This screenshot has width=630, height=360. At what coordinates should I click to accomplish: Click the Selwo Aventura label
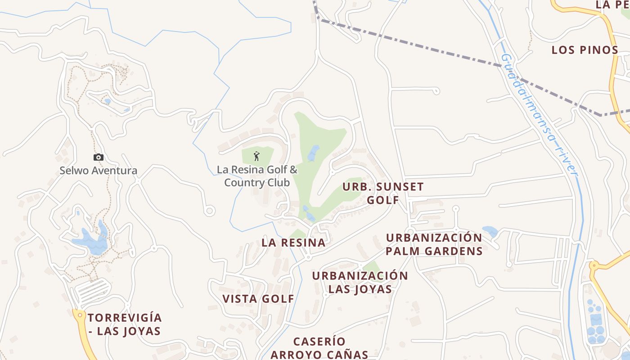point(98,171)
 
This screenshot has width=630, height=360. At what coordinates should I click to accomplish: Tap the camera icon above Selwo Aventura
point(98,157)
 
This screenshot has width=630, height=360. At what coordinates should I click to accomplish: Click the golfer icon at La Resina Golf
point(256,156)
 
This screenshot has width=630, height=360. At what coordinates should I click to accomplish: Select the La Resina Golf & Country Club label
point(257,176)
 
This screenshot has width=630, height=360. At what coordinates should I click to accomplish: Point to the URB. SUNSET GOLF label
point(383,193)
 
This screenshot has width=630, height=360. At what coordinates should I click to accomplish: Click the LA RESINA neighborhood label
point(293,243)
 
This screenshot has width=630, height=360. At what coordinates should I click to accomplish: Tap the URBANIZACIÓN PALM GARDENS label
point(434,244)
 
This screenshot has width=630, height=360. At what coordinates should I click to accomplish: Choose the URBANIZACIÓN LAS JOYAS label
point(360,282)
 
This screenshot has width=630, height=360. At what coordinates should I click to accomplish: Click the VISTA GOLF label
point(258,299)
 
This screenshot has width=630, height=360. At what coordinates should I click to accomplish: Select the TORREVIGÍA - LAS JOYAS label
point(124,324)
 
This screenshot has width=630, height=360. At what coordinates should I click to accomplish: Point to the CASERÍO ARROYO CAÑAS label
point(319,348)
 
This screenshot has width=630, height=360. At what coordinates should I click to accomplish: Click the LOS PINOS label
point(585,50)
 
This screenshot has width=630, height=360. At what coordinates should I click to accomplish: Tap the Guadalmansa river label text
point(539,115)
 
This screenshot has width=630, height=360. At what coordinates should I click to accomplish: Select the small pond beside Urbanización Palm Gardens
point(490,232)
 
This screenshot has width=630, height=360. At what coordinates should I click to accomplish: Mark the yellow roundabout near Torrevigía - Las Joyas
point(80,315)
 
